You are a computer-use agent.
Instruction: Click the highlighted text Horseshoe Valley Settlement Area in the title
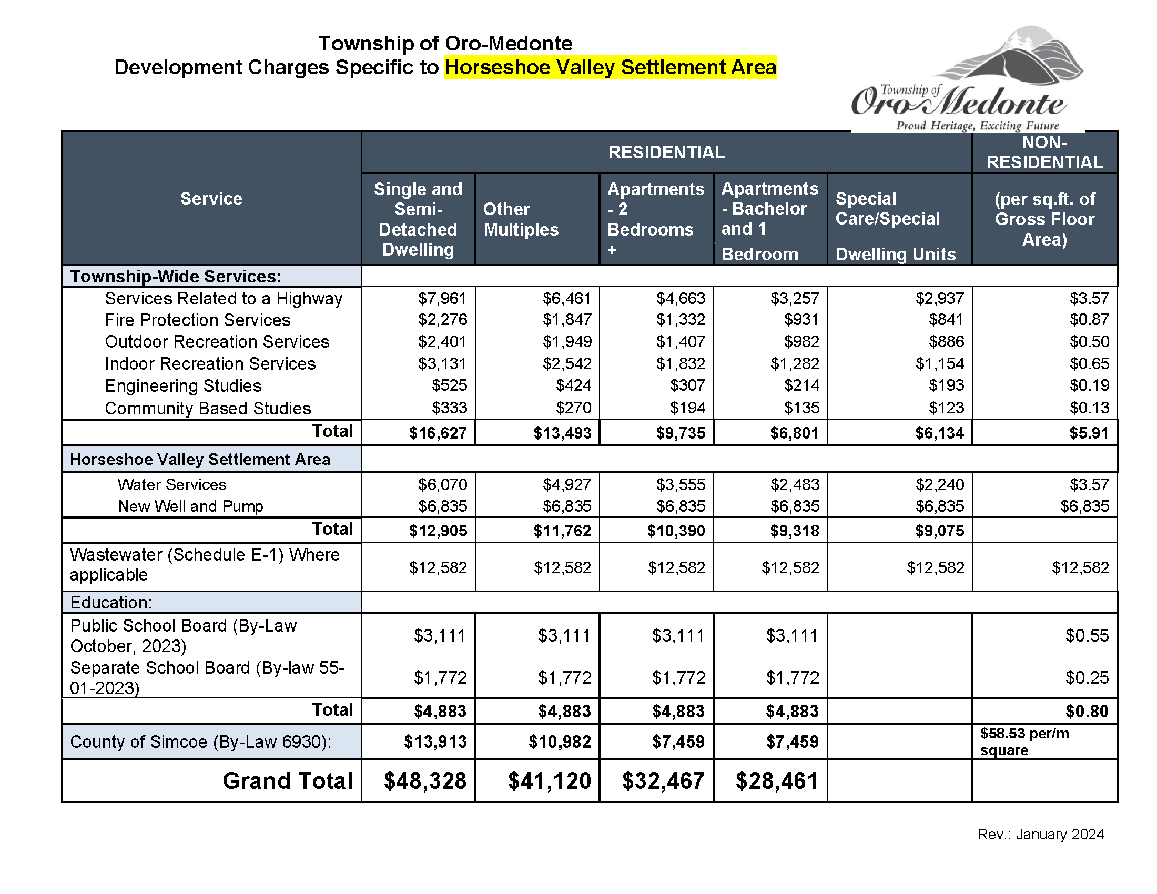point(610,67)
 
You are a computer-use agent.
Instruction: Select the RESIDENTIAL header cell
point(666,153)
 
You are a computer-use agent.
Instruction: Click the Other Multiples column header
point(521,219)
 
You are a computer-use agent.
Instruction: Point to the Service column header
point(211,199)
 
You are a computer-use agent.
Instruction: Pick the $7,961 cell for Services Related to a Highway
point(442,299)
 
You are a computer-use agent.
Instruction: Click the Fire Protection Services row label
point(198,320)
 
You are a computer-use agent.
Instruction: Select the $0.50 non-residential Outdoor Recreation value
point(1089,342)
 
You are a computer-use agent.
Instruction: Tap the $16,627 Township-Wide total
point(438,433)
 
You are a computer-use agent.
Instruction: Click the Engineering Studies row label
point(184,386)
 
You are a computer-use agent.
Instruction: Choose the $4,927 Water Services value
point(566,485)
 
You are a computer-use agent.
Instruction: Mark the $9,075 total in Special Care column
point(939,531)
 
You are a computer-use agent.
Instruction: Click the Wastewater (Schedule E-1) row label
point(205,565)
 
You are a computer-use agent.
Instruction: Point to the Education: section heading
point(111,603)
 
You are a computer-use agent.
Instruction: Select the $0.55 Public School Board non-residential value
point(1087,636)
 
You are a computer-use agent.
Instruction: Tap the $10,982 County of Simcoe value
point(560,742)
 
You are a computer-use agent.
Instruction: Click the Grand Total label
point(287,781)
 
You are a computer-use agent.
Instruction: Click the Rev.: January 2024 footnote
point(1040,835)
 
